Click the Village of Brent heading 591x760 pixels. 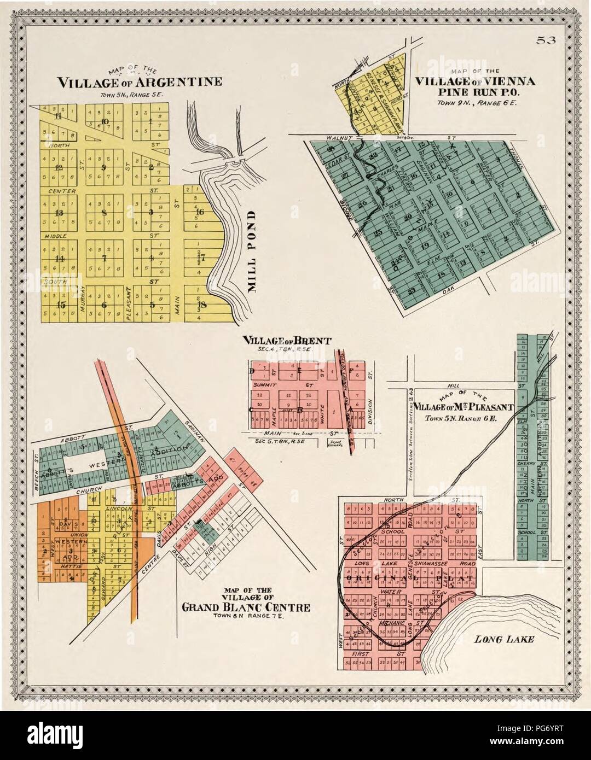(x=287, y=341)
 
